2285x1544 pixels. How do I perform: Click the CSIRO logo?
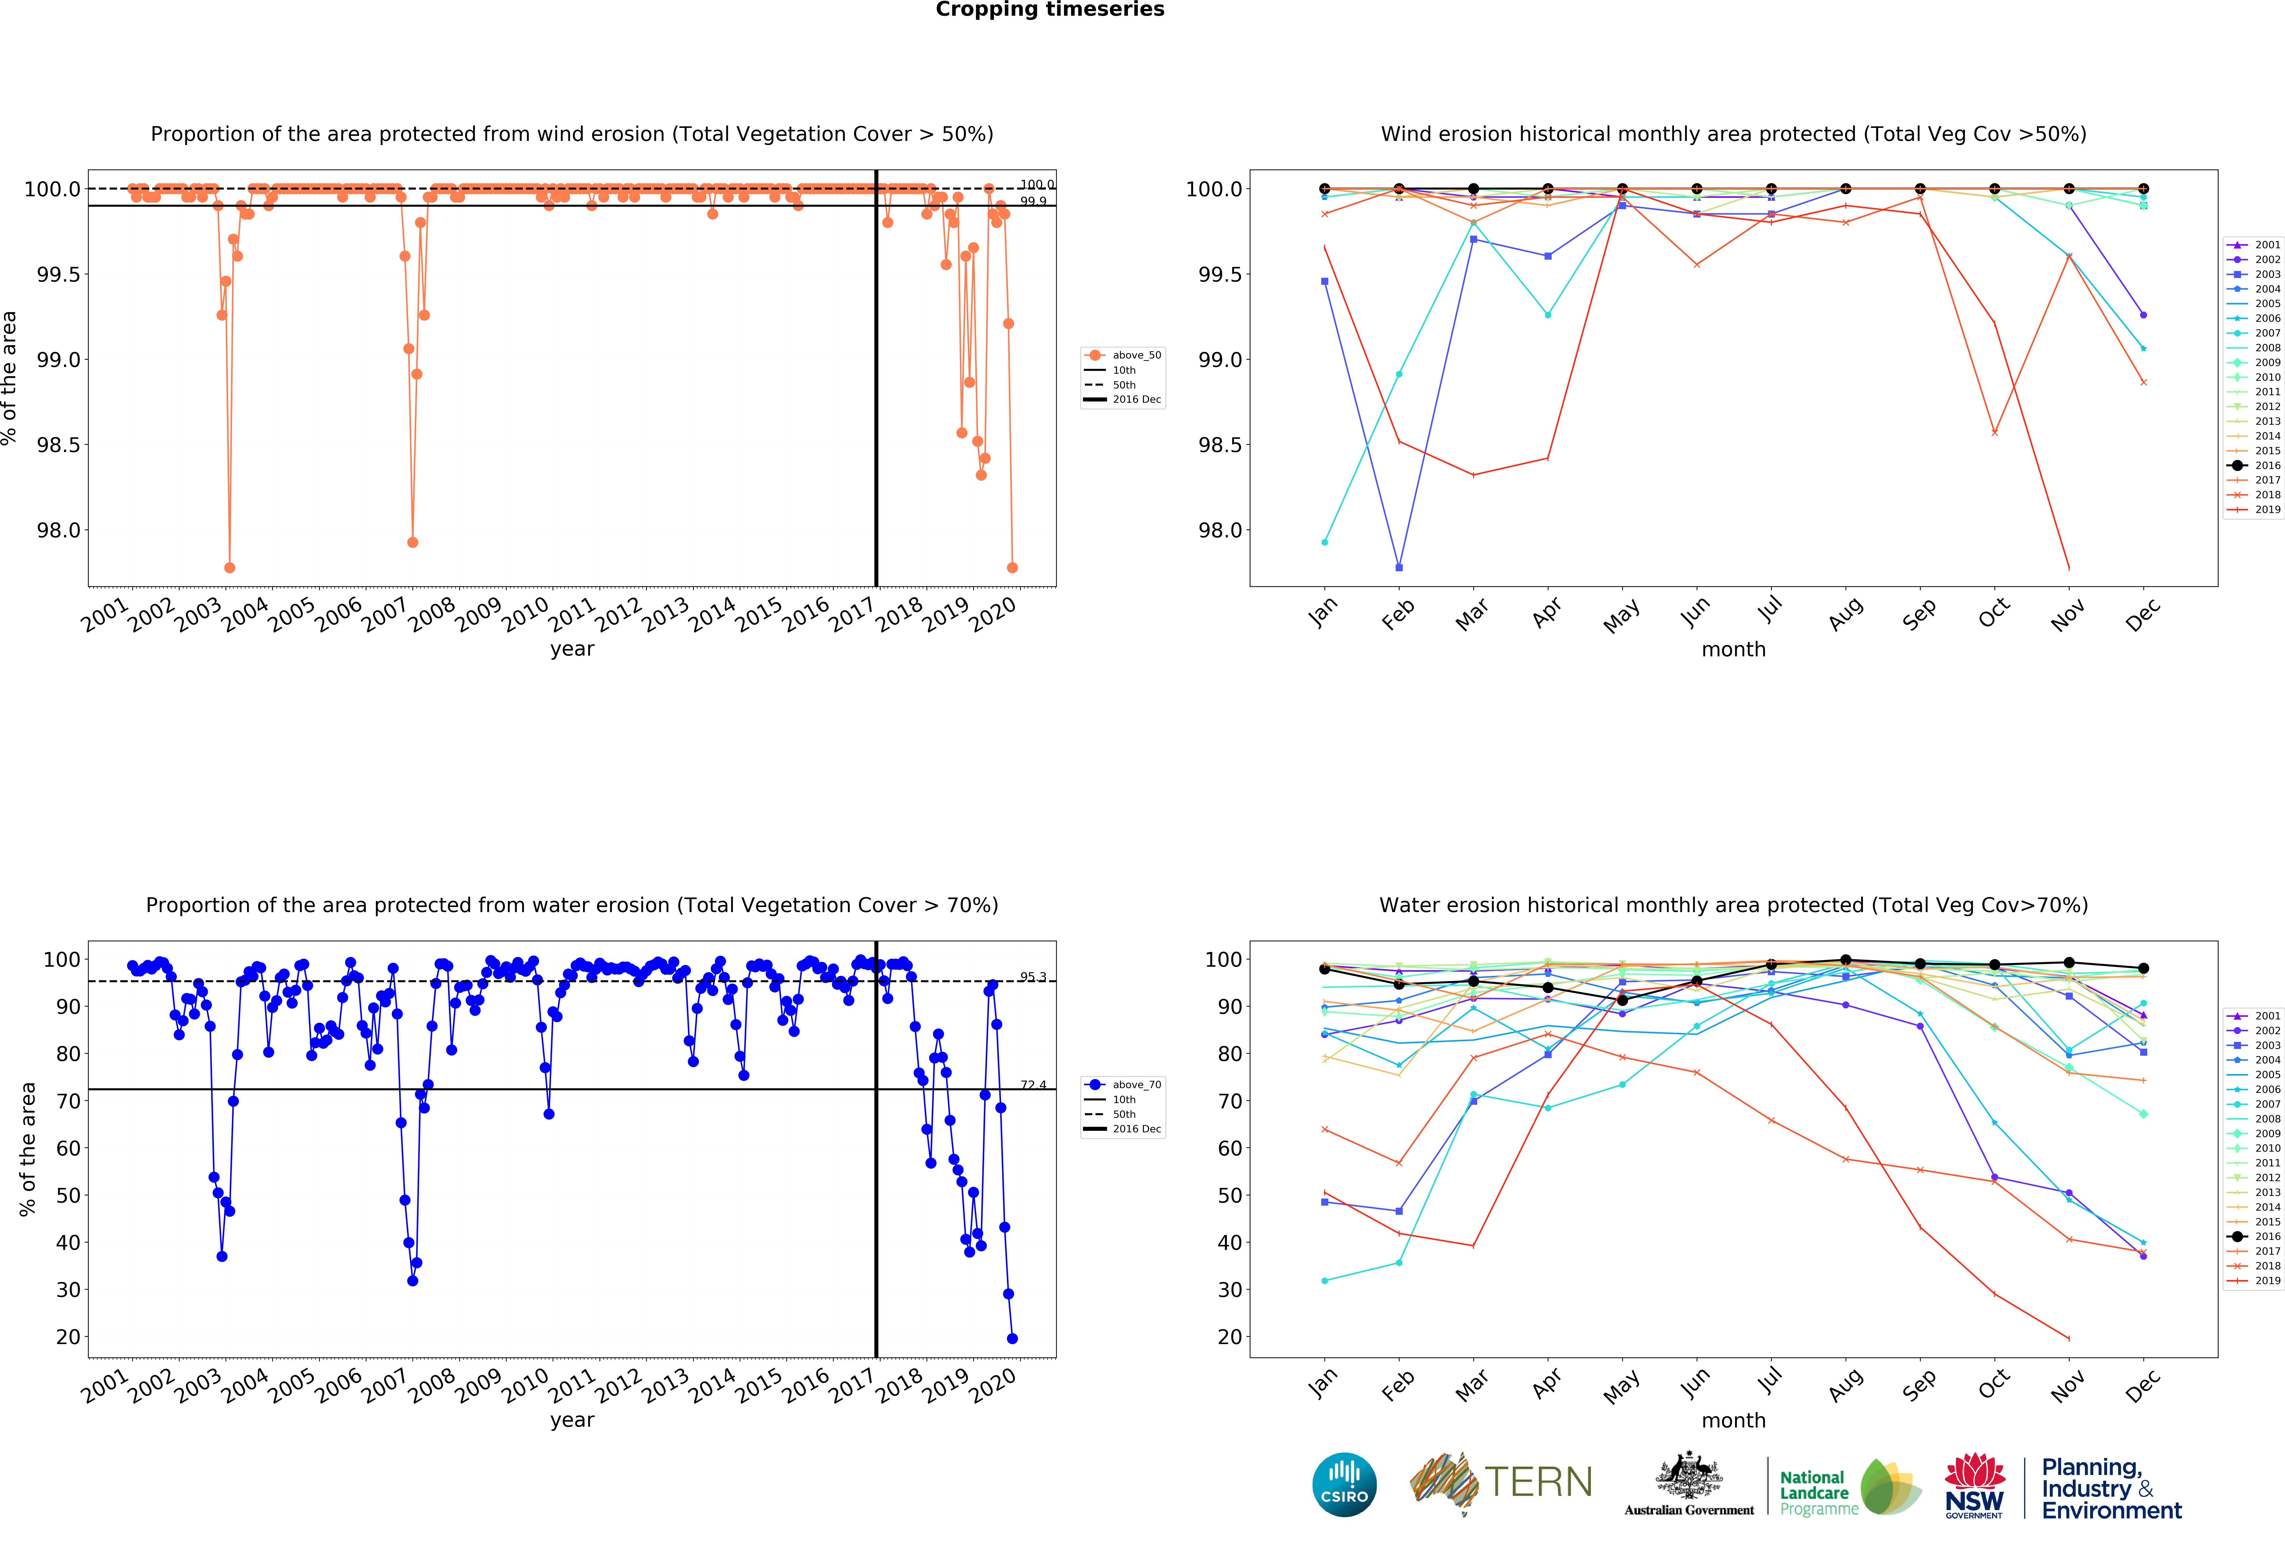click(1344, 1484)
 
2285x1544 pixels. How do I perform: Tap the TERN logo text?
click(1538, 1482)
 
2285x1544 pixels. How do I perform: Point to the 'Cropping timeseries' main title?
click(1049, 10)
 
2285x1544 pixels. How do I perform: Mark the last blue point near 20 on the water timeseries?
click(1012, 1339)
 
